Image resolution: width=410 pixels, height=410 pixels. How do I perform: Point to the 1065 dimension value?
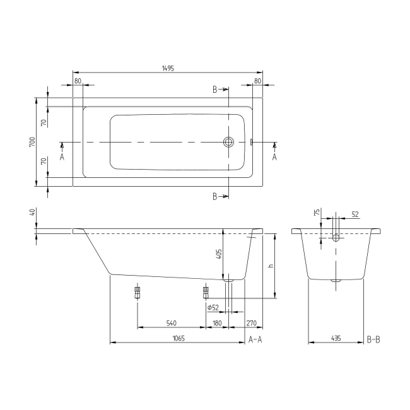pyautogui.click(x=178, y=338)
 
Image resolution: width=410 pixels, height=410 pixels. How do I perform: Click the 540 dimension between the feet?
pyautogui.click(x=171, y=323)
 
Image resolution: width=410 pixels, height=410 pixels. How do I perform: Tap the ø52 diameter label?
pyautogui.click(x=213, y=307)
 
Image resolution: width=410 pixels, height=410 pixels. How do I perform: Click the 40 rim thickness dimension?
pyautogui.click(x=32, y=213)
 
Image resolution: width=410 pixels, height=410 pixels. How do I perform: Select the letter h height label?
pyautogui.click(x=271, y=266)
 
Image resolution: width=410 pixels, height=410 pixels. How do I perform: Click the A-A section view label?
pyautogui.click(x=255, y=339)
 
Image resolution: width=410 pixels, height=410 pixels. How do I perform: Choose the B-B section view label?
pyautogui.click(x=373, y=339)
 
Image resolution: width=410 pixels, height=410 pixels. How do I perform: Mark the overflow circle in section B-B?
pyautogui.click(x=336, y=238)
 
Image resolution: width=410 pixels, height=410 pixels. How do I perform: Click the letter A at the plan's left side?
pyautogui.click(x=62, y=156)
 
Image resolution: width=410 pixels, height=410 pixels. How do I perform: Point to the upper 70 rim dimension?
pyautogui.click(x=45, y=122)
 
